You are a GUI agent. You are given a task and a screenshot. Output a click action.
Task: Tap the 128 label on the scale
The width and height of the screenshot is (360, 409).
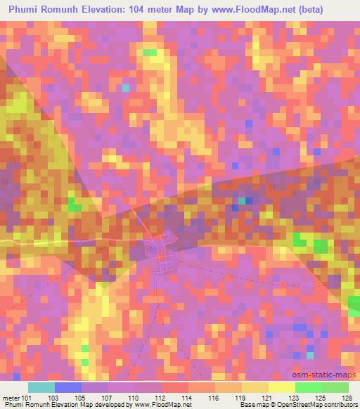coord(347,398)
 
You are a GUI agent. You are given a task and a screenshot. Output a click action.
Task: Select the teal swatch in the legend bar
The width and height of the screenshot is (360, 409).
coord(41,388)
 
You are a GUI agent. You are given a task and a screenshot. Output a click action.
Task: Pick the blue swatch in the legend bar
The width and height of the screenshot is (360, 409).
coord(68,388)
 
